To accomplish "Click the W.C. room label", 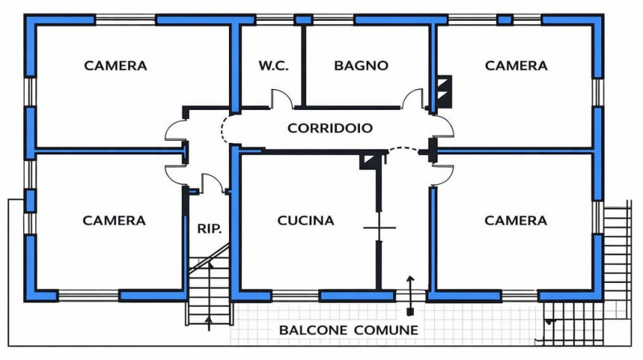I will click(x=272, y=65).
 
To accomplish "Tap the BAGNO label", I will click(x=362, y=65).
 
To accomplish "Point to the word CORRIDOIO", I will click(x=330, y=127).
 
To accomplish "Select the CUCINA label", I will click(x=305, y=220).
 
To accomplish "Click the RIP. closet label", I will click(x=209, y=228).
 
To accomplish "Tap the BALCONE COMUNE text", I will click(x=348, y=329).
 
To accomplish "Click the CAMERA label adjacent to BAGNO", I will click(x=516, y=65).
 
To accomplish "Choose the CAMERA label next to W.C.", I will click(x=116, y=65).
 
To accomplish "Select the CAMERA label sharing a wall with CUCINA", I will click(x=516, y=220).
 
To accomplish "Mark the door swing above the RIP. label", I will click(x=211, y=183).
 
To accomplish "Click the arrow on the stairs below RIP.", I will click(x=210, y=323).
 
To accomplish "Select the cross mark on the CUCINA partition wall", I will click(x=379, y=228).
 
